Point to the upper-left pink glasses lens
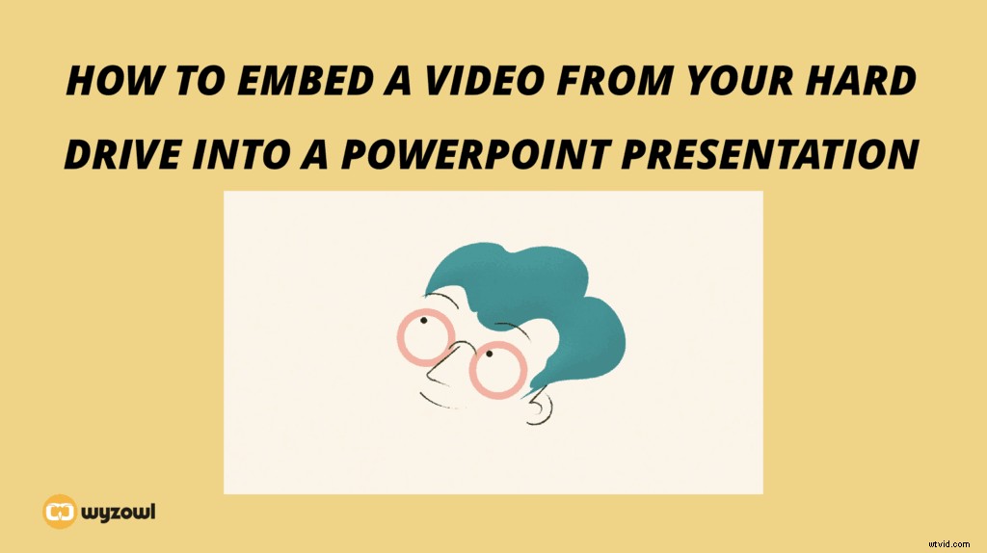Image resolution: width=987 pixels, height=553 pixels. coord(425,336)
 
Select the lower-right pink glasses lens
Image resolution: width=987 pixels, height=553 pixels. coord(497,369)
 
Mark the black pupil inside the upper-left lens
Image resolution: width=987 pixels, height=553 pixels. coord(421,321)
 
